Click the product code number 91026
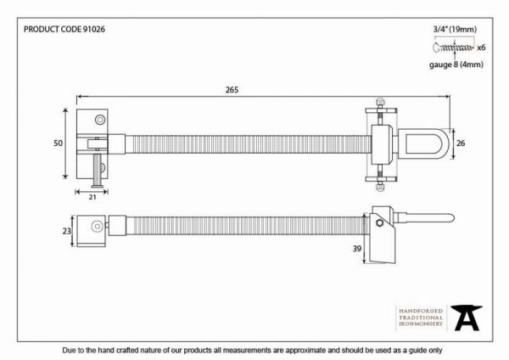point(94,29)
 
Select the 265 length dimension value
point(232,90)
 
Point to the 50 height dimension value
point(58,143)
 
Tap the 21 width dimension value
point(92,197)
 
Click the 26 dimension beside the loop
point(461,143)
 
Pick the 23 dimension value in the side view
point(66,231)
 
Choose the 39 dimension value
point(357,249)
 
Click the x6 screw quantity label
point(481,48)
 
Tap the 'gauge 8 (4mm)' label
point(456,65)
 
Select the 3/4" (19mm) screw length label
point(455,29)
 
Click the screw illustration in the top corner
point(453,48)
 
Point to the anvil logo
point(466,318)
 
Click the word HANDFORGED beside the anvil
point(421,311)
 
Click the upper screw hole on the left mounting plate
point(100,120)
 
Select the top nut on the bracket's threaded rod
point(379,102)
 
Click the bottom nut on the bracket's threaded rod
point(379,187)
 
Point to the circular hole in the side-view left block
point(97,226)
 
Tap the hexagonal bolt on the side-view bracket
point(379,223)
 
